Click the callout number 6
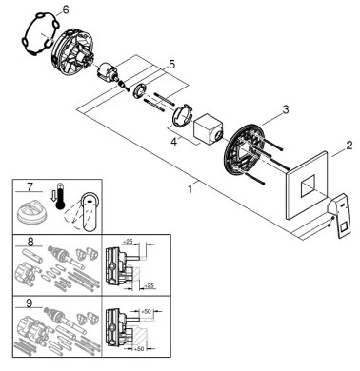(65, 10)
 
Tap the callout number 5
(171, 65)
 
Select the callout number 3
(286, 109)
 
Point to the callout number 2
(350, 146)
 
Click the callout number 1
(190, 189)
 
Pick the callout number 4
(173, 142)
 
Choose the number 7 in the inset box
(30, 187)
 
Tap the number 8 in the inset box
(30, 243)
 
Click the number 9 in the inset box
(29, 303)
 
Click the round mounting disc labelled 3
(244, 149)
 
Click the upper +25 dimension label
(128, 242)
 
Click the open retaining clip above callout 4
(181, 115)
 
